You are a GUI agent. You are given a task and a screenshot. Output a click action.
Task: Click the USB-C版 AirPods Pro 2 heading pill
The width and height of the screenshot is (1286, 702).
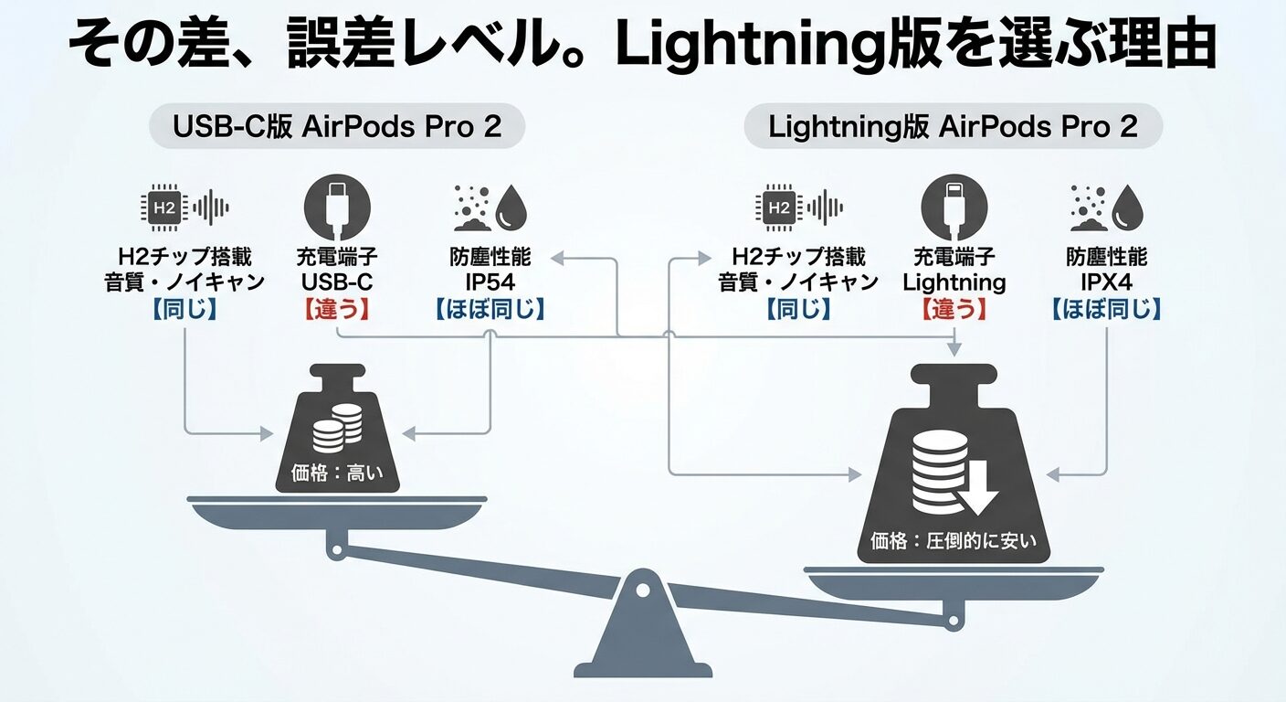(x=337, y=127)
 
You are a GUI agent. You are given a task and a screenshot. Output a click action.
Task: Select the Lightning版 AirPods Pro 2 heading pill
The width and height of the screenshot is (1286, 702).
(x=953, y=127)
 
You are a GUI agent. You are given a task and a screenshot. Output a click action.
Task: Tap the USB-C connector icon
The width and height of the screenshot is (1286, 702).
(x=336, y=207)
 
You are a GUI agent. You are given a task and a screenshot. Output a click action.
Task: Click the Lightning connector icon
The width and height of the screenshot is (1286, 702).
(x=954, y=207)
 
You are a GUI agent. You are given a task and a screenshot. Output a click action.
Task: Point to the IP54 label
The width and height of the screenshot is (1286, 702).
(x=490, y=282)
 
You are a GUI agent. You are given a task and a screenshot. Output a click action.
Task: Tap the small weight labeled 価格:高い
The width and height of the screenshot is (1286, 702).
(x=336, y=430)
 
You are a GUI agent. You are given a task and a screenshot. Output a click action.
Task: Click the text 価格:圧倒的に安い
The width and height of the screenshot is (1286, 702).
(x=954, y=540)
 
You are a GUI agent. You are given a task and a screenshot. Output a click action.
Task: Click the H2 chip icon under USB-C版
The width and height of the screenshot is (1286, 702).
(x=164, y=207)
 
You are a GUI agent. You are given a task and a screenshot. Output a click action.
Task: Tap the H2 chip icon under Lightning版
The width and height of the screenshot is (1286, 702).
(x=779, y=207)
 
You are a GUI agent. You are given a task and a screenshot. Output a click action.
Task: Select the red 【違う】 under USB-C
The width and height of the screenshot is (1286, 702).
(x=336, y=309)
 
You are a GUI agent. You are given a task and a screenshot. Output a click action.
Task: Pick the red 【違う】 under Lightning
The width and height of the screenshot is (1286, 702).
(x=954, y=309)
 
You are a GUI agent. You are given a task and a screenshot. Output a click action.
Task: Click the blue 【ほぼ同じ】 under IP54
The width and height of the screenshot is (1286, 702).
(x=490, y=309)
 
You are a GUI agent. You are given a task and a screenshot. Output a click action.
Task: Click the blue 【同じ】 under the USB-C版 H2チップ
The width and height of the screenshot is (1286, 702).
(x=184, y=309)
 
